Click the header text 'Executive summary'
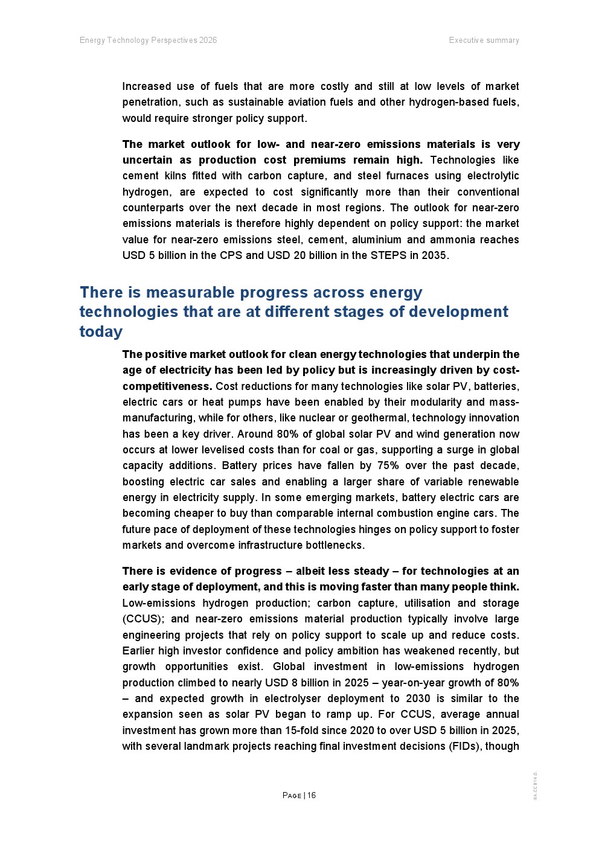coord(484,40)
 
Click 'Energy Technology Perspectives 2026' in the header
coord(148,40)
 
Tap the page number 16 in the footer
coord(312,795)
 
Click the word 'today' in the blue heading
coord(101,331)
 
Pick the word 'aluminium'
coord(377,240)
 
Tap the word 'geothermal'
coord(379,418)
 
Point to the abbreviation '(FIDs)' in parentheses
coord(466,746)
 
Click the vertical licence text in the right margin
coord(535,786)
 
